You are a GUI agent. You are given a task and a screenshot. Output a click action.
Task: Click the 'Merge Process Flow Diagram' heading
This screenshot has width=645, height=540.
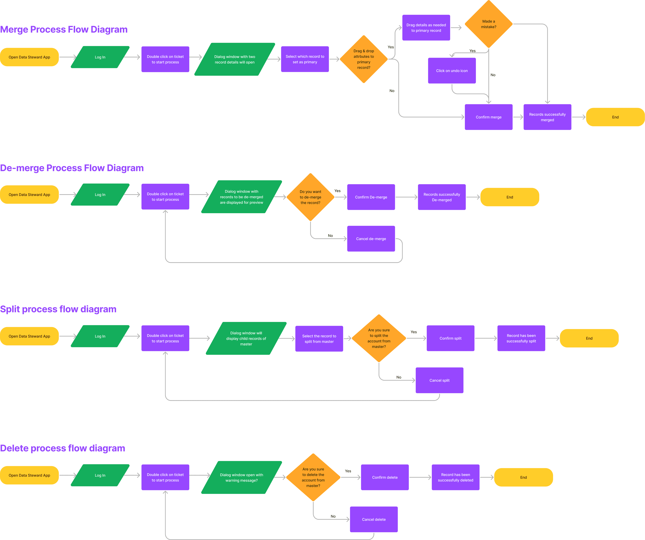pyautogui.click(x=64, y=29)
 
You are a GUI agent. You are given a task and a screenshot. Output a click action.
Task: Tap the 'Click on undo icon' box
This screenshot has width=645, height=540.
pyautogui.click(x=452, y=71)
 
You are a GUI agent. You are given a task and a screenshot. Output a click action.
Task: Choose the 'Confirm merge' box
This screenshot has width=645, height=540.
pyautogui.click(x=488, y=117)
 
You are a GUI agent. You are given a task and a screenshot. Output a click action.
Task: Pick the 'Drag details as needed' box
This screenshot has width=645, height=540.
pyautogui.click(x=426, y=28)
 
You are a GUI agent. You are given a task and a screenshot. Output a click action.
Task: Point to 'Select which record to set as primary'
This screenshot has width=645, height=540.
pyautogui.click(x=305, y=59)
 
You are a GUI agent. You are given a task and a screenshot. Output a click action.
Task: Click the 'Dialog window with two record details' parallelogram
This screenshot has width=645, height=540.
pyautogui.click(x=235, y=59)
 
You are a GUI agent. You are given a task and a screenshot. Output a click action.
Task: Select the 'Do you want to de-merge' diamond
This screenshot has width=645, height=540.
pyautogui.click(x=310, y=197)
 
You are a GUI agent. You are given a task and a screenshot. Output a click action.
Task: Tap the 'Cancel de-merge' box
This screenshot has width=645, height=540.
pyautogui.click(x=371, y=239)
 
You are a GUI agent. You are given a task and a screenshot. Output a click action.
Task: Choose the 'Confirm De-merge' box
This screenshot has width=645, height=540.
pyautogui.click(x=371, y=197)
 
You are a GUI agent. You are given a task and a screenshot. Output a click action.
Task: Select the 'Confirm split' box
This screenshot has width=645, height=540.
pyautogui.click(x=450, y=338)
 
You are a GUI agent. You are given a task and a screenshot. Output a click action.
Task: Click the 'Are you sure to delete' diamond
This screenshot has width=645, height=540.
pyautogui.click(x=313, y=477)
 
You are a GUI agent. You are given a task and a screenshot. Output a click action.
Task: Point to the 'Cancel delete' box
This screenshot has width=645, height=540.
pyautogui.click(x=374, y=519)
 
